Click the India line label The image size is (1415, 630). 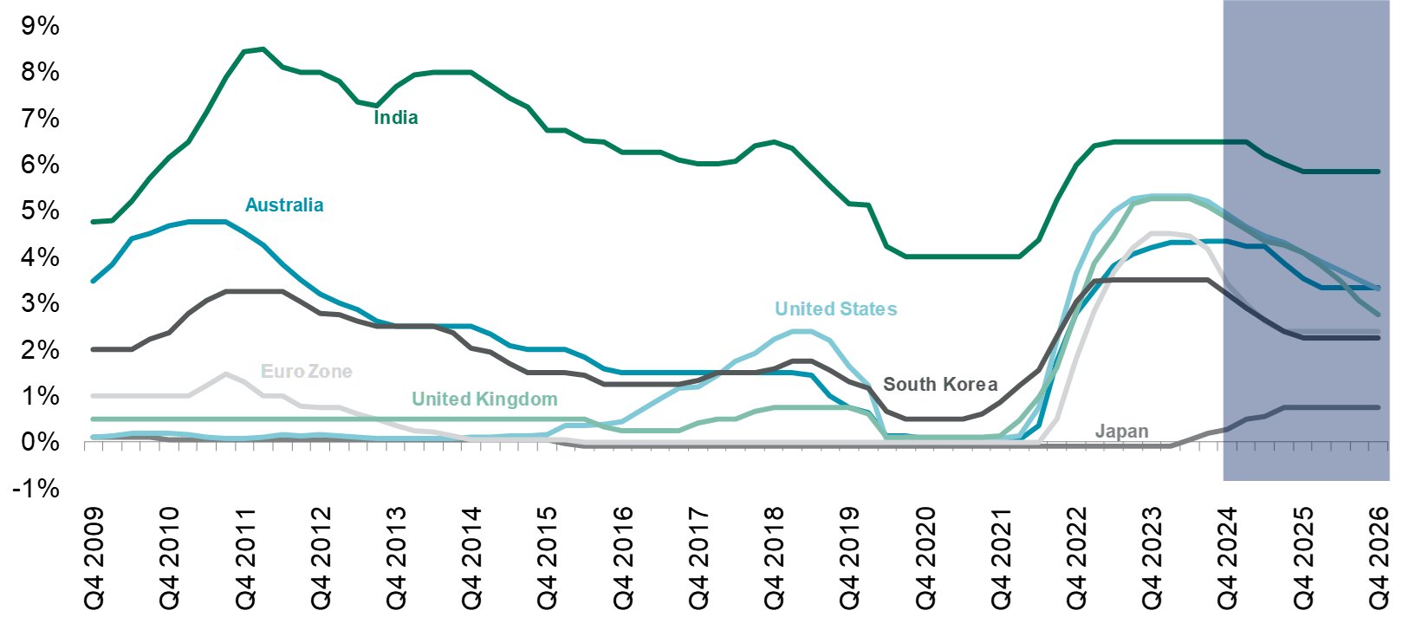[396, 118]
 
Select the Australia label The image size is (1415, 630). [284, 205]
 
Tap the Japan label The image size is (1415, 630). [1122, 432]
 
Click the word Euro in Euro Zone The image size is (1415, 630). [282, 372]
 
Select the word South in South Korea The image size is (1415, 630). [906, 385]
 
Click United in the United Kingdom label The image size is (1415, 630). [441, 399]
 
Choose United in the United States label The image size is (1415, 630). [804, 309]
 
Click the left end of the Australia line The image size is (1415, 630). [93, 282]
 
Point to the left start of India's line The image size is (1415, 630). [93, 222]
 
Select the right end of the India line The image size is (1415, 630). [1379, 172]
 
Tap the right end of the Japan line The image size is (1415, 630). [1379, 407]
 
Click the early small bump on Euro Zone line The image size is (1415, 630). [225, 373]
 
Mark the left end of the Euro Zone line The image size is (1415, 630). [93, 396]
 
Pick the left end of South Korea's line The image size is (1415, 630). [93, 349]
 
